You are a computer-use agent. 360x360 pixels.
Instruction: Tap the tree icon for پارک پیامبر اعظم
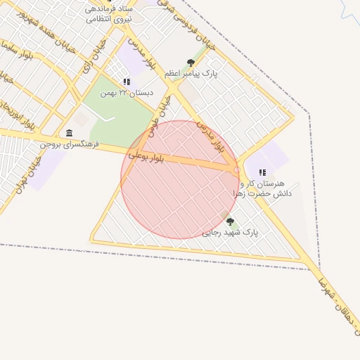tap(191, 63)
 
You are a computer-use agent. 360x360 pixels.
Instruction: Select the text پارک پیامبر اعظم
tap(192, 73)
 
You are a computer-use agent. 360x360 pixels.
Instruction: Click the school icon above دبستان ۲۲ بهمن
tap(127, 82)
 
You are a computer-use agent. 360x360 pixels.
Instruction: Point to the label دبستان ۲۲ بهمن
tap(127, 92)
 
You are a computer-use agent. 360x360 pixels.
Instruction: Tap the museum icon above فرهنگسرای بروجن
tap(69, 133)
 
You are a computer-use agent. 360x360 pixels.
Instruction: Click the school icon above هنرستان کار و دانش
tap(262, 172)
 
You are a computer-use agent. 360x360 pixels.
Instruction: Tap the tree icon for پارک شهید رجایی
tap(230, 221)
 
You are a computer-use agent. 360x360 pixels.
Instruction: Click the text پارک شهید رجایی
tap(230, 232)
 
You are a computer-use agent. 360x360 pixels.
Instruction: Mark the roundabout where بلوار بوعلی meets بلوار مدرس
tap(237, 169)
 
